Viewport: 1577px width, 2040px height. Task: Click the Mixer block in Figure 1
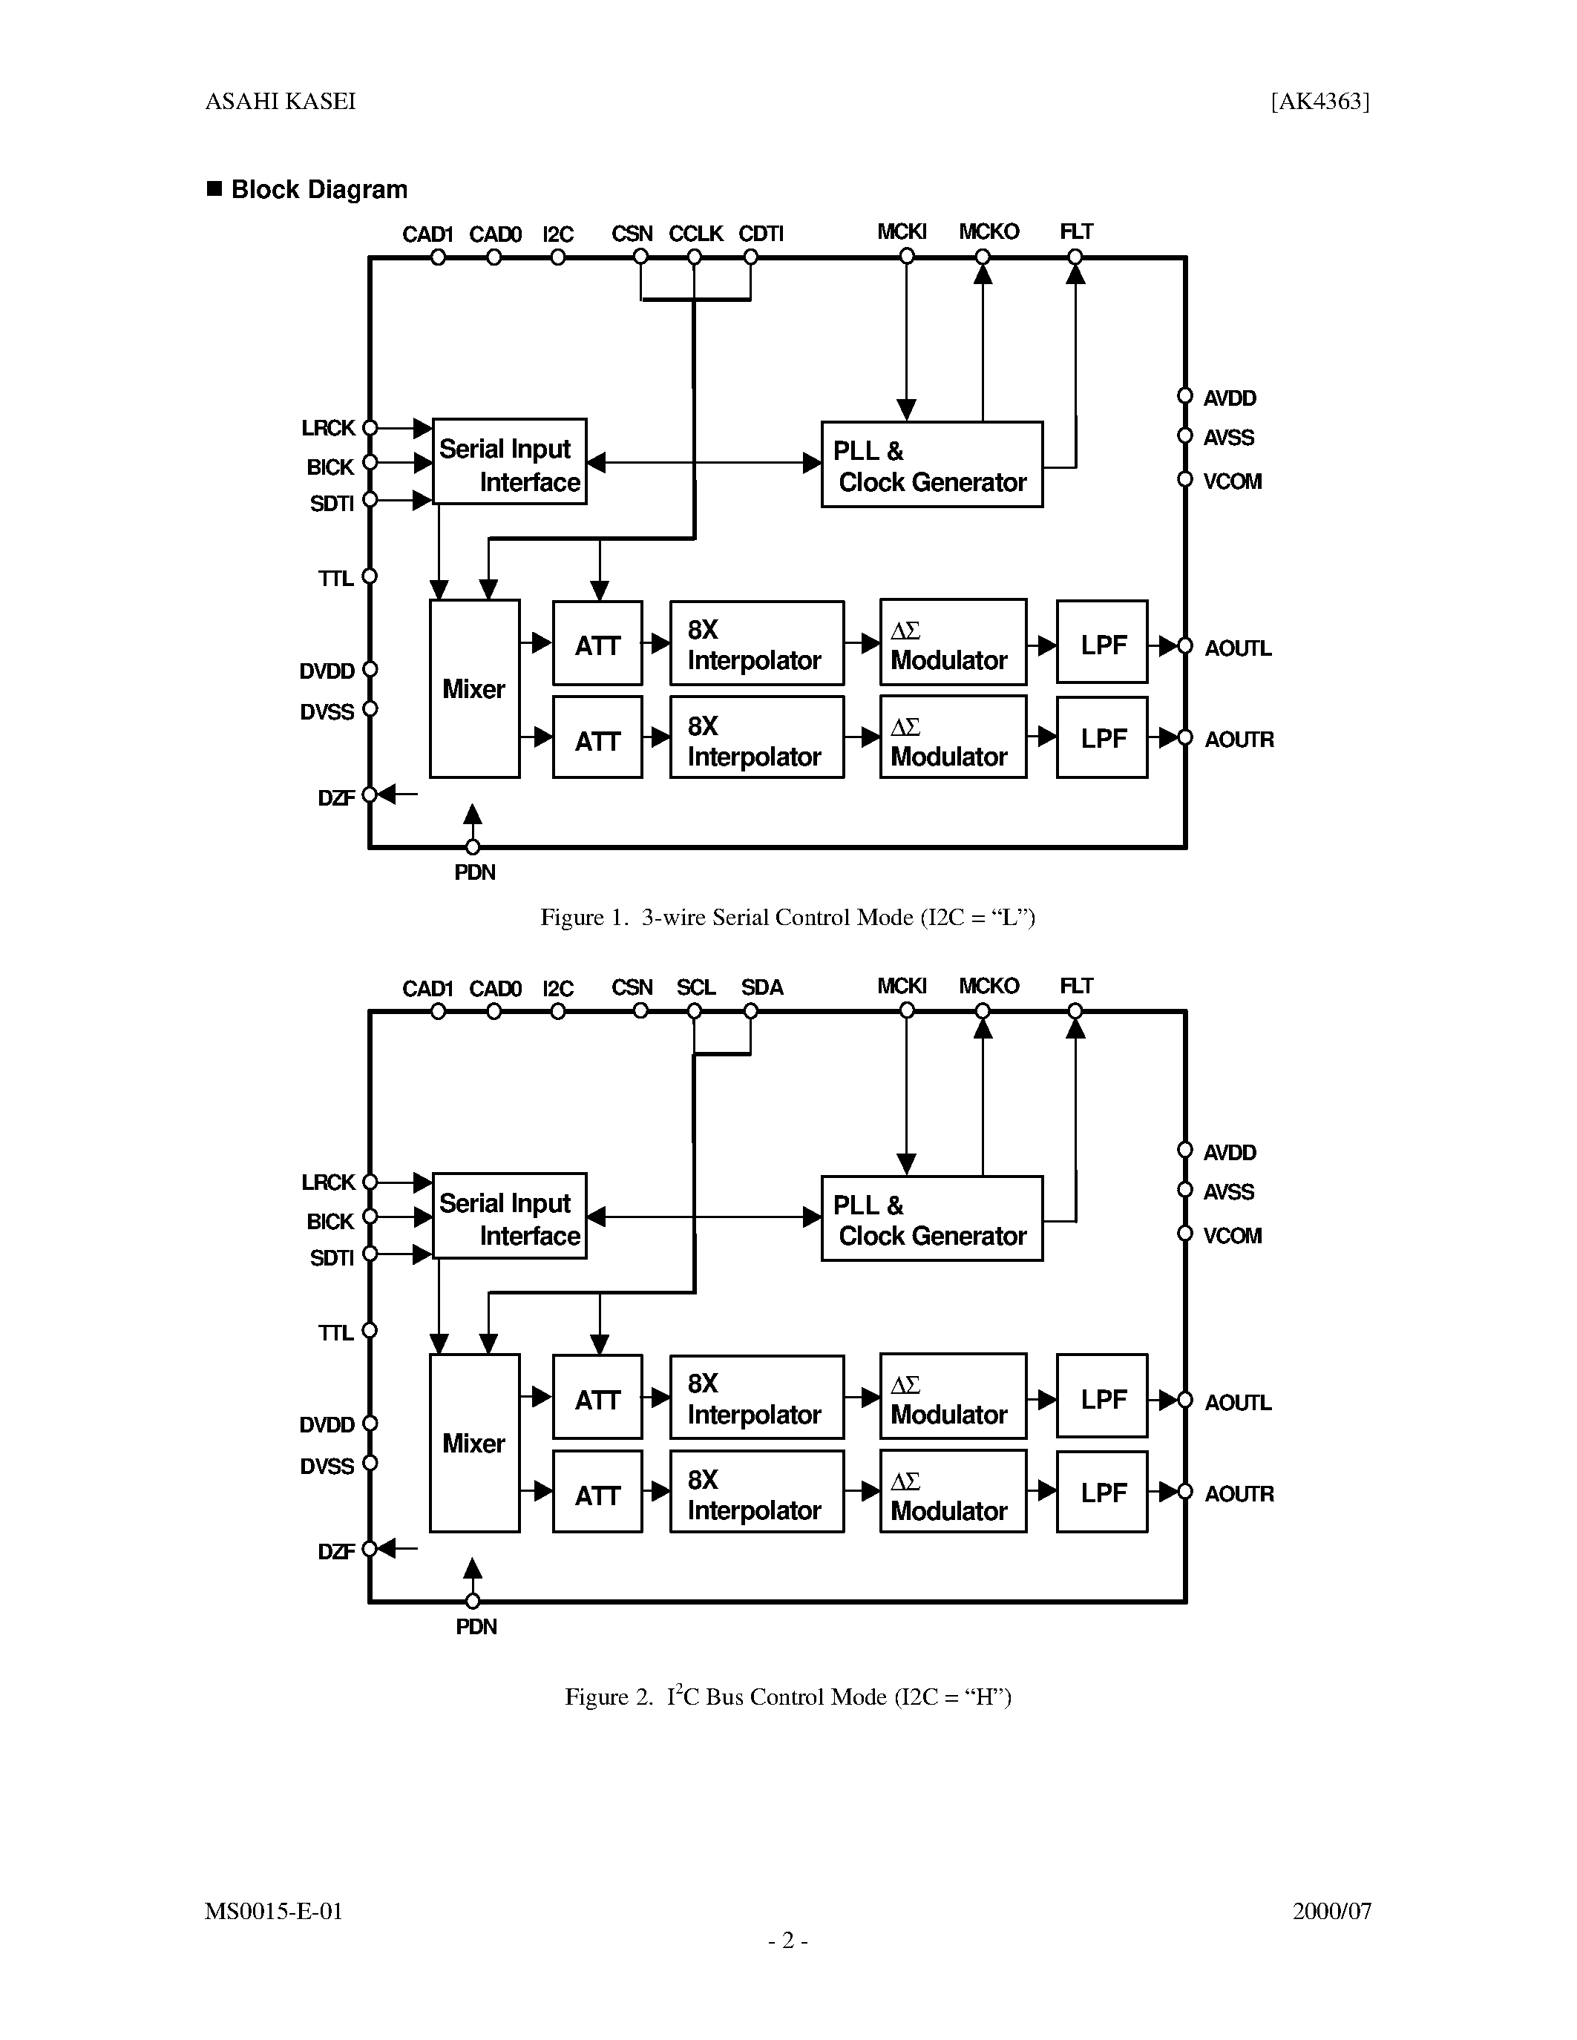click(473, 688)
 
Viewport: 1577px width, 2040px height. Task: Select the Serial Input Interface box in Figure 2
click(509, 1216)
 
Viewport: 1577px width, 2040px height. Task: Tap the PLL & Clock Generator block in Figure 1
click(931, 464)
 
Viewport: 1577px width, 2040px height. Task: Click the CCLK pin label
click(695, 234)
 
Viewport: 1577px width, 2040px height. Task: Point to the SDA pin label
click(761, 987)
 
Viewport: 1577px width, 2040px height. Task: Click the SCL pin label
click(695, 987)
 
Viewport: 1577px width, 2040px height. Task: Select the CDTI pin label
click(761, 234)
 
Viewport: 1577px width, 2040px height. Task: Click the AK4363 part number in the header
click(1319, 101)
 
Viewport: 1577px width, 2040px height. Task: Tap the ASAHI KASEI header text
click(281, 101)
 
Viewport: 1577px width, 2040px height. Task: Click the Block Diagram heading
click(318, 190)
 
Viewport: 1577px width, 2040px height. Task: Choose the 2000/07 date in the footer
click(1331, 1911)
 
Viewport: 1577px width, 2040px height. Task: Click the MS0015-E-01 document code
click(274, 1911)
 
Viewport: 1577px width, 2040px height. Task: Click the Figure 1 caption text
click(787, 917)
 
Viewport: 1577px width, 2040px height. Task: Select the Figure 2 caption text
click(787, 1697)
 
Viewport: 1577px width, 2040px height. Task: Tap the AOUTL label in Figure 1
click(1237, 648)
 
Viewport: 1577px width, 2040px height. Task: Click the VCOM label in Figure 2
click(1231, 1236)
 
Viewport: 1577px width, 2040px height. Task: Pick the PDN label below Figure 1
click(475, 872)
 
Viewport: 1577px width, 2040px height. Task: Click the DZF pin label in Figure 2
click(335, 1551)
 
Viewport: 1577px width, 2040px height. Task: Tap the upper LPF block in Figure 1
click(1102, 645)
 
